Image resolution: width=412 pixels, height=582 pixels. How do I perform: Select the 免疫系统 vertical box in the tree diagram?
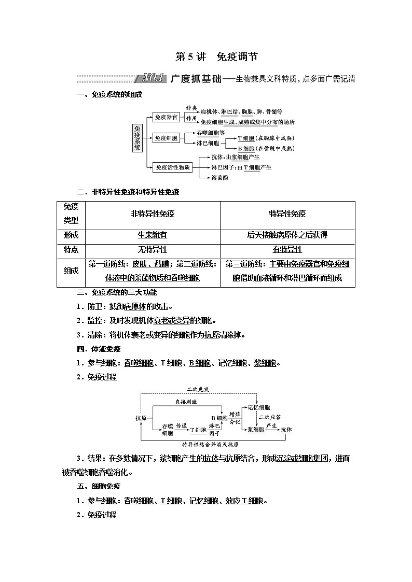click(137, 138)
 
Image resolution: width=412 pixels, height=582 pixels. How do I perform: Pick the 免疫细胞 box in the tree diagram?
click(166, 138)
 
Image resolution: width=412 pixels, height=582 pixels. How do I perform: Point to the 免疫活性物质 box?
click(172, 167)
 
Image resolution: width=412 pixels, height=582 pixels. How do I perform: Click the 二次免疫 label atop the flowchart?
click(197, 389)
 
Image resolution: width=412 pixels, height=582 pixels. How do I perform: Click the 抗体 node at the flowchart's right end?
click(286, 430)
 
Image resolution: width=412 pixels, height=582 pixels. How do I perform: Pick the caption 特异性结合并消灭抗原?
click(210, 444)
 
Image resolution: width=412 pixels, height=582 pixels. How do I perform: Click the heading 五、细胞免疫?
click(99, 486)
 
